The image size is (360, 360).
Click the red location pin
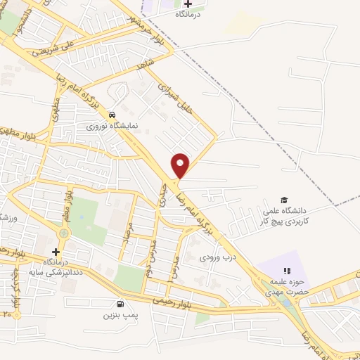tap(181, 165)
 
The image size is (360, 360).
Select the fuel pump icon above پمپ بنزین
tap(120, 304)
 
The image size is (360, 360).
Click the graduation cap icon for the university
tap(284, 200)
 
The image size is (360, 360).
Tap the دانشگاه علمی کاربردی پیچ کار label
tap(286, 216)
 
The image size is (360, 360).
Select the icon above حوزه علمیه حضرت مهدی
tap(286, 271)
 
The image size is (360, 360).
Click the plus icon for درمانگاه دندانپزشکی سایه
tap(56, 252)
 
